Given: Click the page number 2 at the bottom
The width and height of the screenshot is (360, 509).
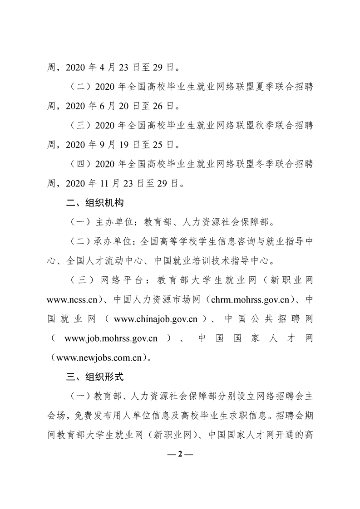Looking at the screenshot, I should point(180,454).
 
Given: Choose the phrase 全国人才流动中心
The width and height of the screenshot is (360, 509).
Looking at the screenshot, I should point(99,261).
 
